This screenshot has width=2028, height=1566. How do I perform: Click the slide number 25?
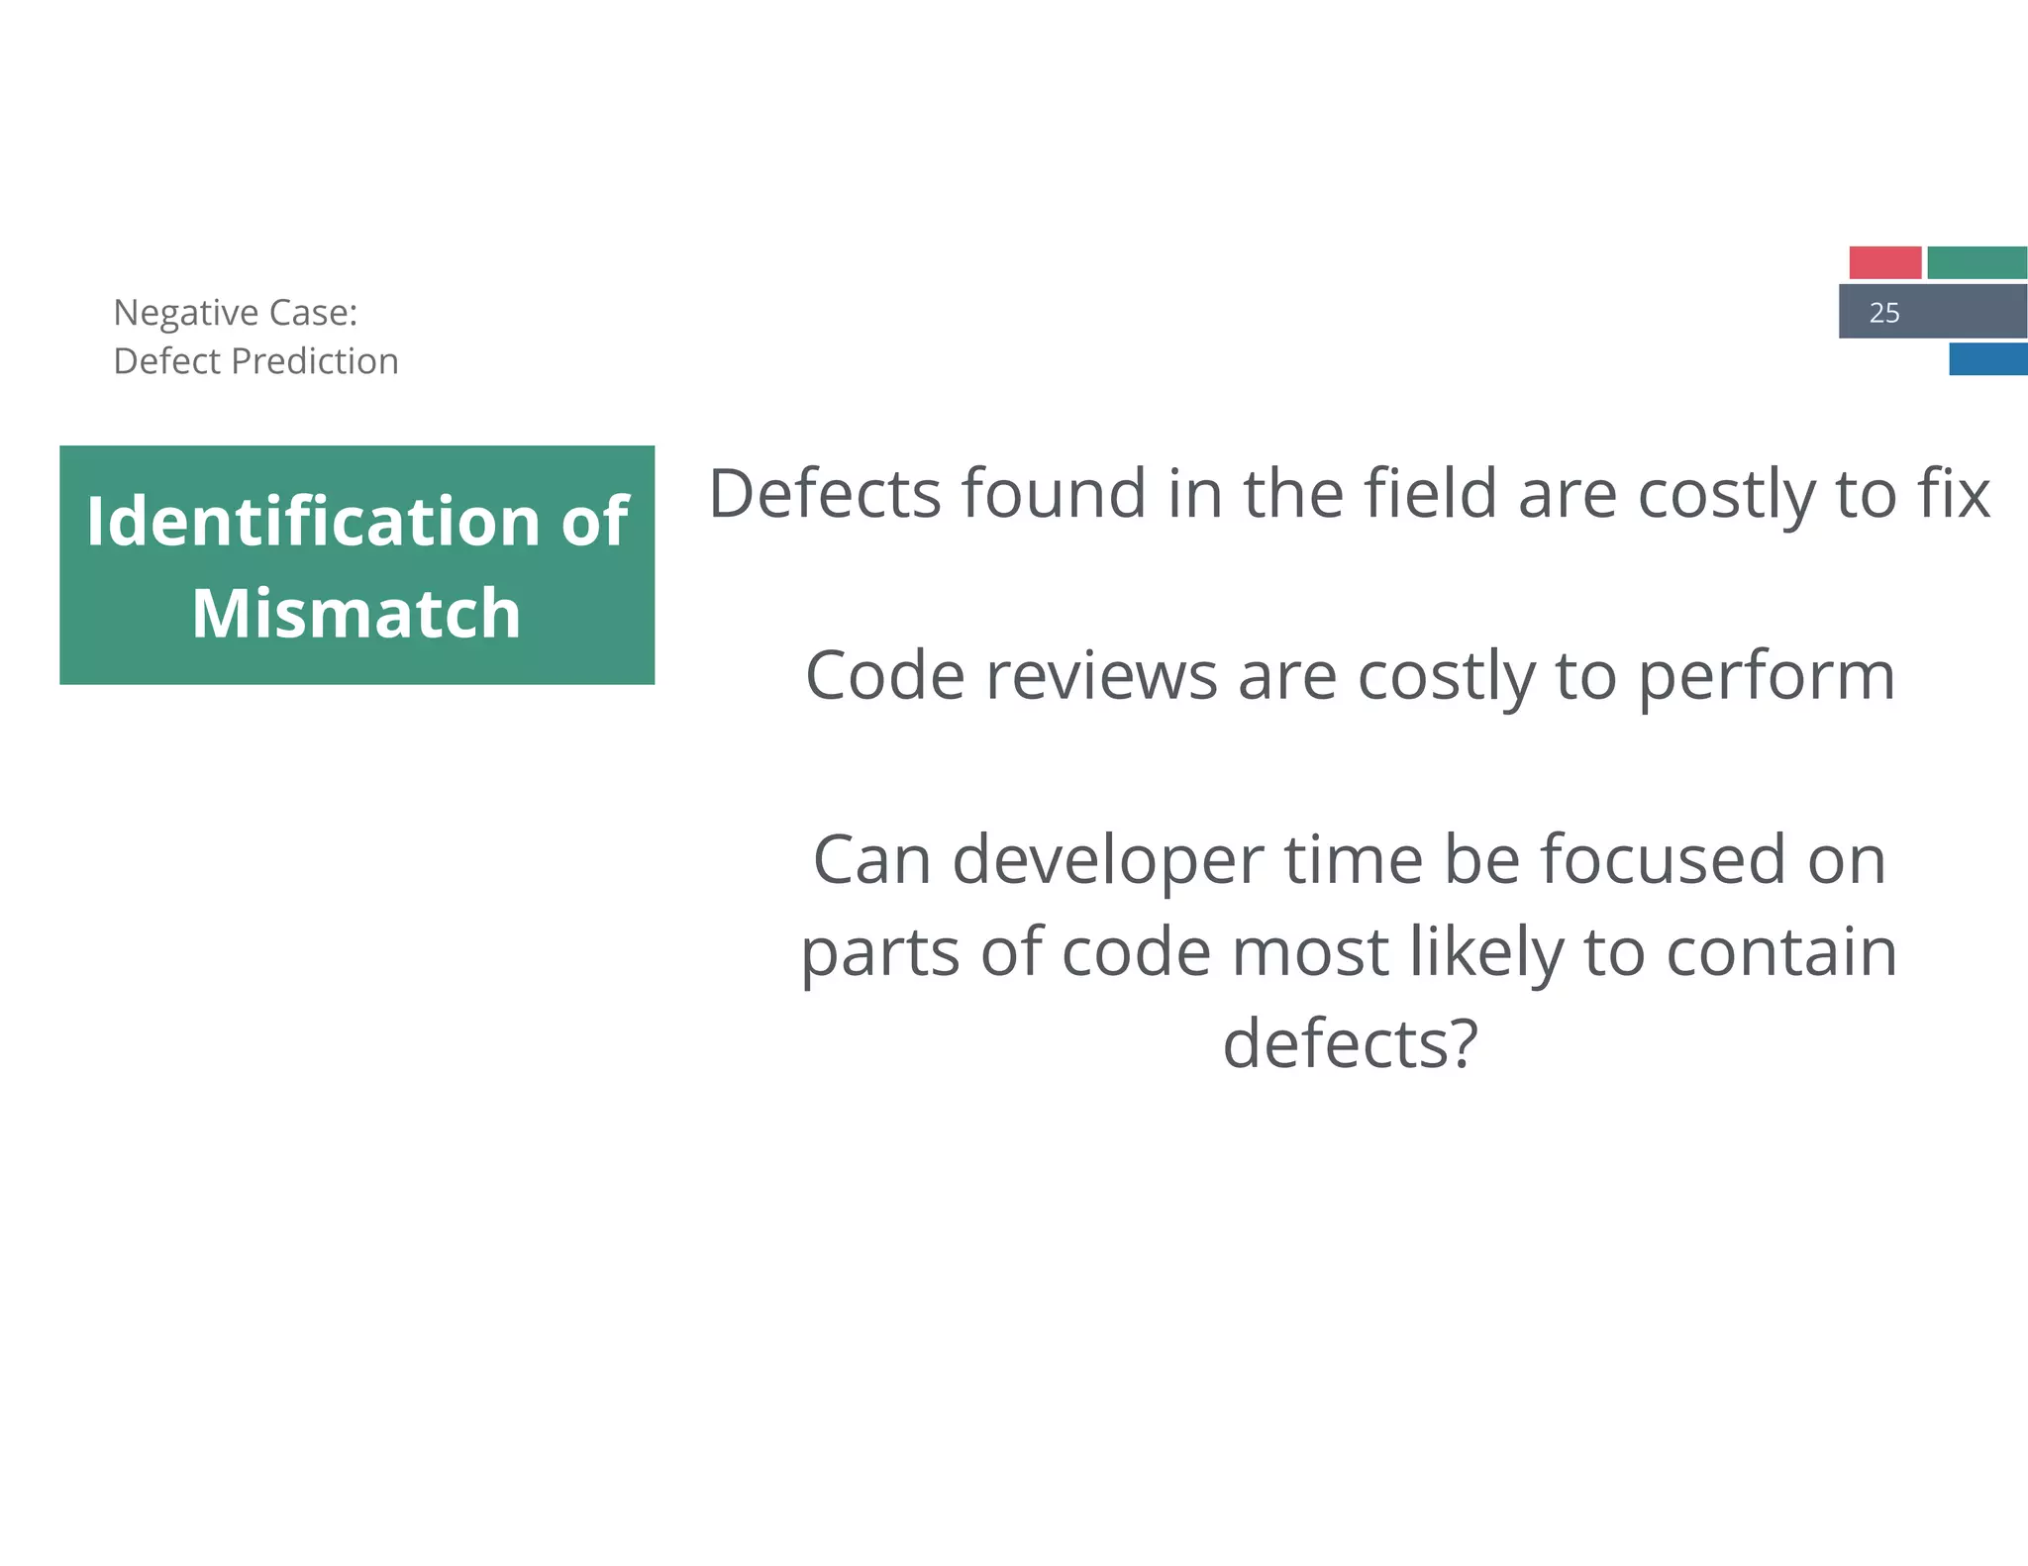tap(1883, 313)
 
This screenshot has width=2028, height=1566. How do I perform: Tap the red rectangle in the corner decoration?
tap(1884, 263)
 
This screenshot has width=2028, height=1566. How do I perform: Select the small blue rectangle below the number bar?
tap(1987, 359)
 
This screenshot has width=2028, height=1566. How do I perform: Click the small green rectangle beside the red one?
tap(1977, 263)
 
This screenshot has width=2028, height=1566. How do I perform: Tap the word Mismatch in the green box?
tap(356, 614)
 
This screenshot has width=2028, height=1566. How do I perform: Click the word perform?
tap(1767, 678)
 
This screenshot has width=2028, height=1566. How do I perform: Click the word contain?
tap(1781, 952)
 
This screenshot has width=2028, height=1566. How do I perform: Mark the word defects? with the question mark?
tap(1351, 1043)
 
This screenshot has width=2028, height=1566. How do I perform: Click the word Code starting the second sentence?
tap(885, 676)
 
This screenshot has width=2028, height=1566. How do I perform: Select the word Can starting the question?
tap(872, 859)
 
